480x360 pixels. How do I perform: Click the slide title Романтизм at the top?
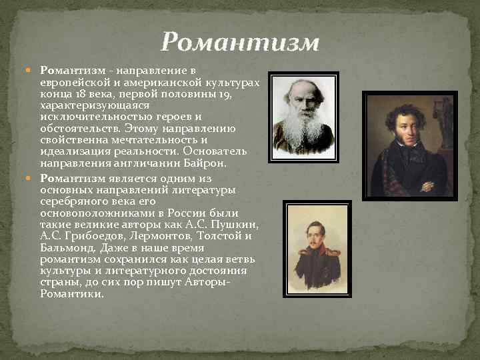click(240, 43)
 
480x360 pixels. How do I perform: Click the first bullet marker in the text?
click(33, 70)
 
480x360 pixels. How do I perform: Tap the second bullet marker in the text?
click(33, 179)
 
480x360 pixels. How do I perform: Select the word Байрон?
click(207, 161)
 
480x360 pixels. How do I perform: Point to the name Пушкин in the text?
click(239, 225)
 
